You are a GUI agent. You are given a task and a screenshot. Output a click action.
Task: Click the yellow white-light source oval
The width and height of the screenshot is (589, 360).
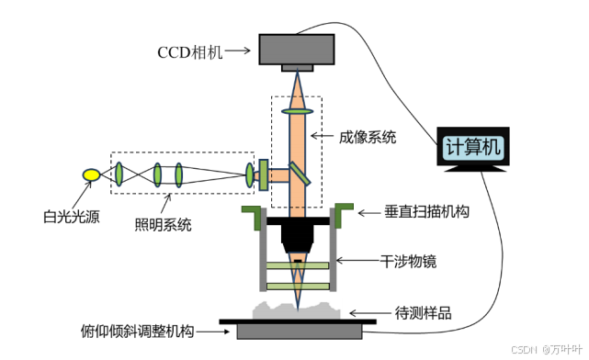pos(91,174)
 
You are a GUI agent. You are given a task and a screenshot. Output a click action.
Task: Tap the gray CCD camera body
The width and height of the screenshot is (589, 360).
pos(297,50)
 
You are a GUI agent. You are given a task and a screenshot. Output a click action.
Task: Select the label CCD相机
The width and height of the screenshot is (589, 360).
pos(190,52)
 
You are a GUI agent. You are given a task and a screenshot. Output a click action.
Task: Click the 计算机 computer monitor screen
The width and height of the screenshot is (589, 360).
pos(473,147)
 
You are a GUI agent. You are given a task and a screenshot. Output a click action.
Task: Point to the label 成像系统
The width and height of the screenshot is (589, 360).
pos(368,137)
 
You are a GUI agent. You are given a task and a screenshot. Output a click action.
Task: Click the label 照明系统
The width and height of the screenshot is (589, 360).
pos(164,225)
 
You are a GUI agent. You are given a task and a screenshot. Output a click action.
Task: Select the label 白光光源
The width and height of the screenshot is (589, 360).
pos(72,217)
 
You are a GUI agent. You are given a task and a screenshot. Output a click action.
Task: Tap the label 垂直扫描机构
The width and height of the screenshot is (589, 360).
pos(426,212)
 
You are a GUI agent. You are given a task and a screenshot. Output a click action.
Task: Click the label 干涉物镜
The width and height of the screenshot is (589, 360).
pos(408,261)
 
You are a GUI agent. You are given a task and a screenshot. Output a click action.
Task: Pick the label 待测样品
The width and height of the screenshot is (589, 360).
pos(424,312)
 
